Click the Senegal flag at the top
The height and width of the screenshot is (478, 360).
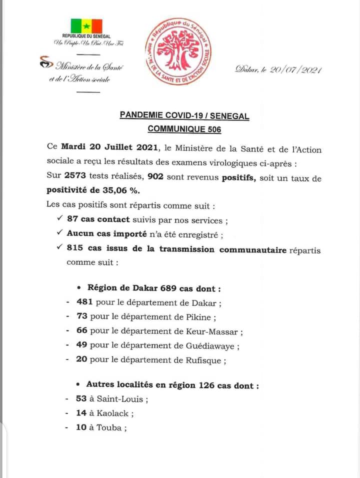click(86, 25)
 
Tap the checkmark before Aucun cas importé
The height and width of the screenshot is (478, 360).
click(59, 233)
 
